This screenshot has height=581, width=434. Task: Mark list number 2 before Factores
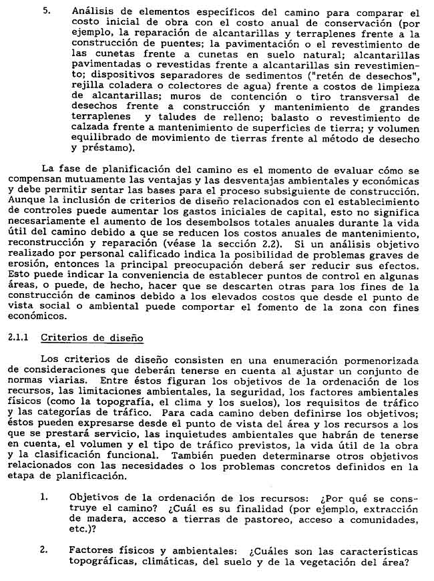tap(44, 551)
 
